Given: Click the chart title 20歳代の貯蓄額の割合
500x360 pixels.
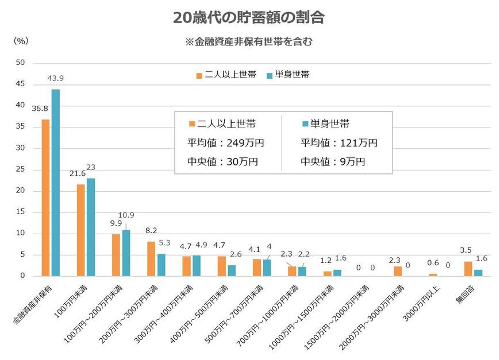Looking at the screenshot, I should [x=249, y=18].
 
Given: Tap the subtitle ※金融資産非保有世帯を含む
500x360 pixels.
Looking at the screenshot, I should [x=248, y=41].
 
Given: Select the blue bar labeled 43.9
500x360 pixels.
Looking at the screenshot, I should [x=55, y=183].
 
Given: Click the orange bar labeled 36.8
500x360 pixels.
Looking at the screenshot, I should [x=45, y=198].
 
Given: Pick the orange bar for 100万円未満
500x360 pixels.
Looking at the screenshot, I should [x=80, y=230].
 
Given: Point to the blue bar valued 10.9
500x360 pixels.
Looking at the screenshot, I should [x=126, y=253].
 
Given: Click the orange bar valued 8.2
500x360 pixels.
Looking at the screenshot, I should [x=151, y=258].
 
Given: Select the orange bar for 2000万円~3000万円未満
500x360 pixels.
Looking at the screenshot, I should [x=398, y=271].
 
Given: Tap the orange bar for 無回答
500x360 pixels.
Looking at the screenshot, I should [x=468, y=269].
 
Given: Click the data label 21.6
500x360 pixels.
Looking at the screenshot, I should [x=78, y=173].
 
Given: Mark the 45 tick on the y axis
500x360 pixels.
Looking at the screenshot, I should [x=20, y=84].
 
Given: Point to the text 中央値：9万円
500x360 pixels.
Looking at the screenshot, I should [x=333, y=161].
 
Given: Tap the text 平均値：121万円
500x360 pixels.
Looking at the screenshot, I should [x=339, y=143].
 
